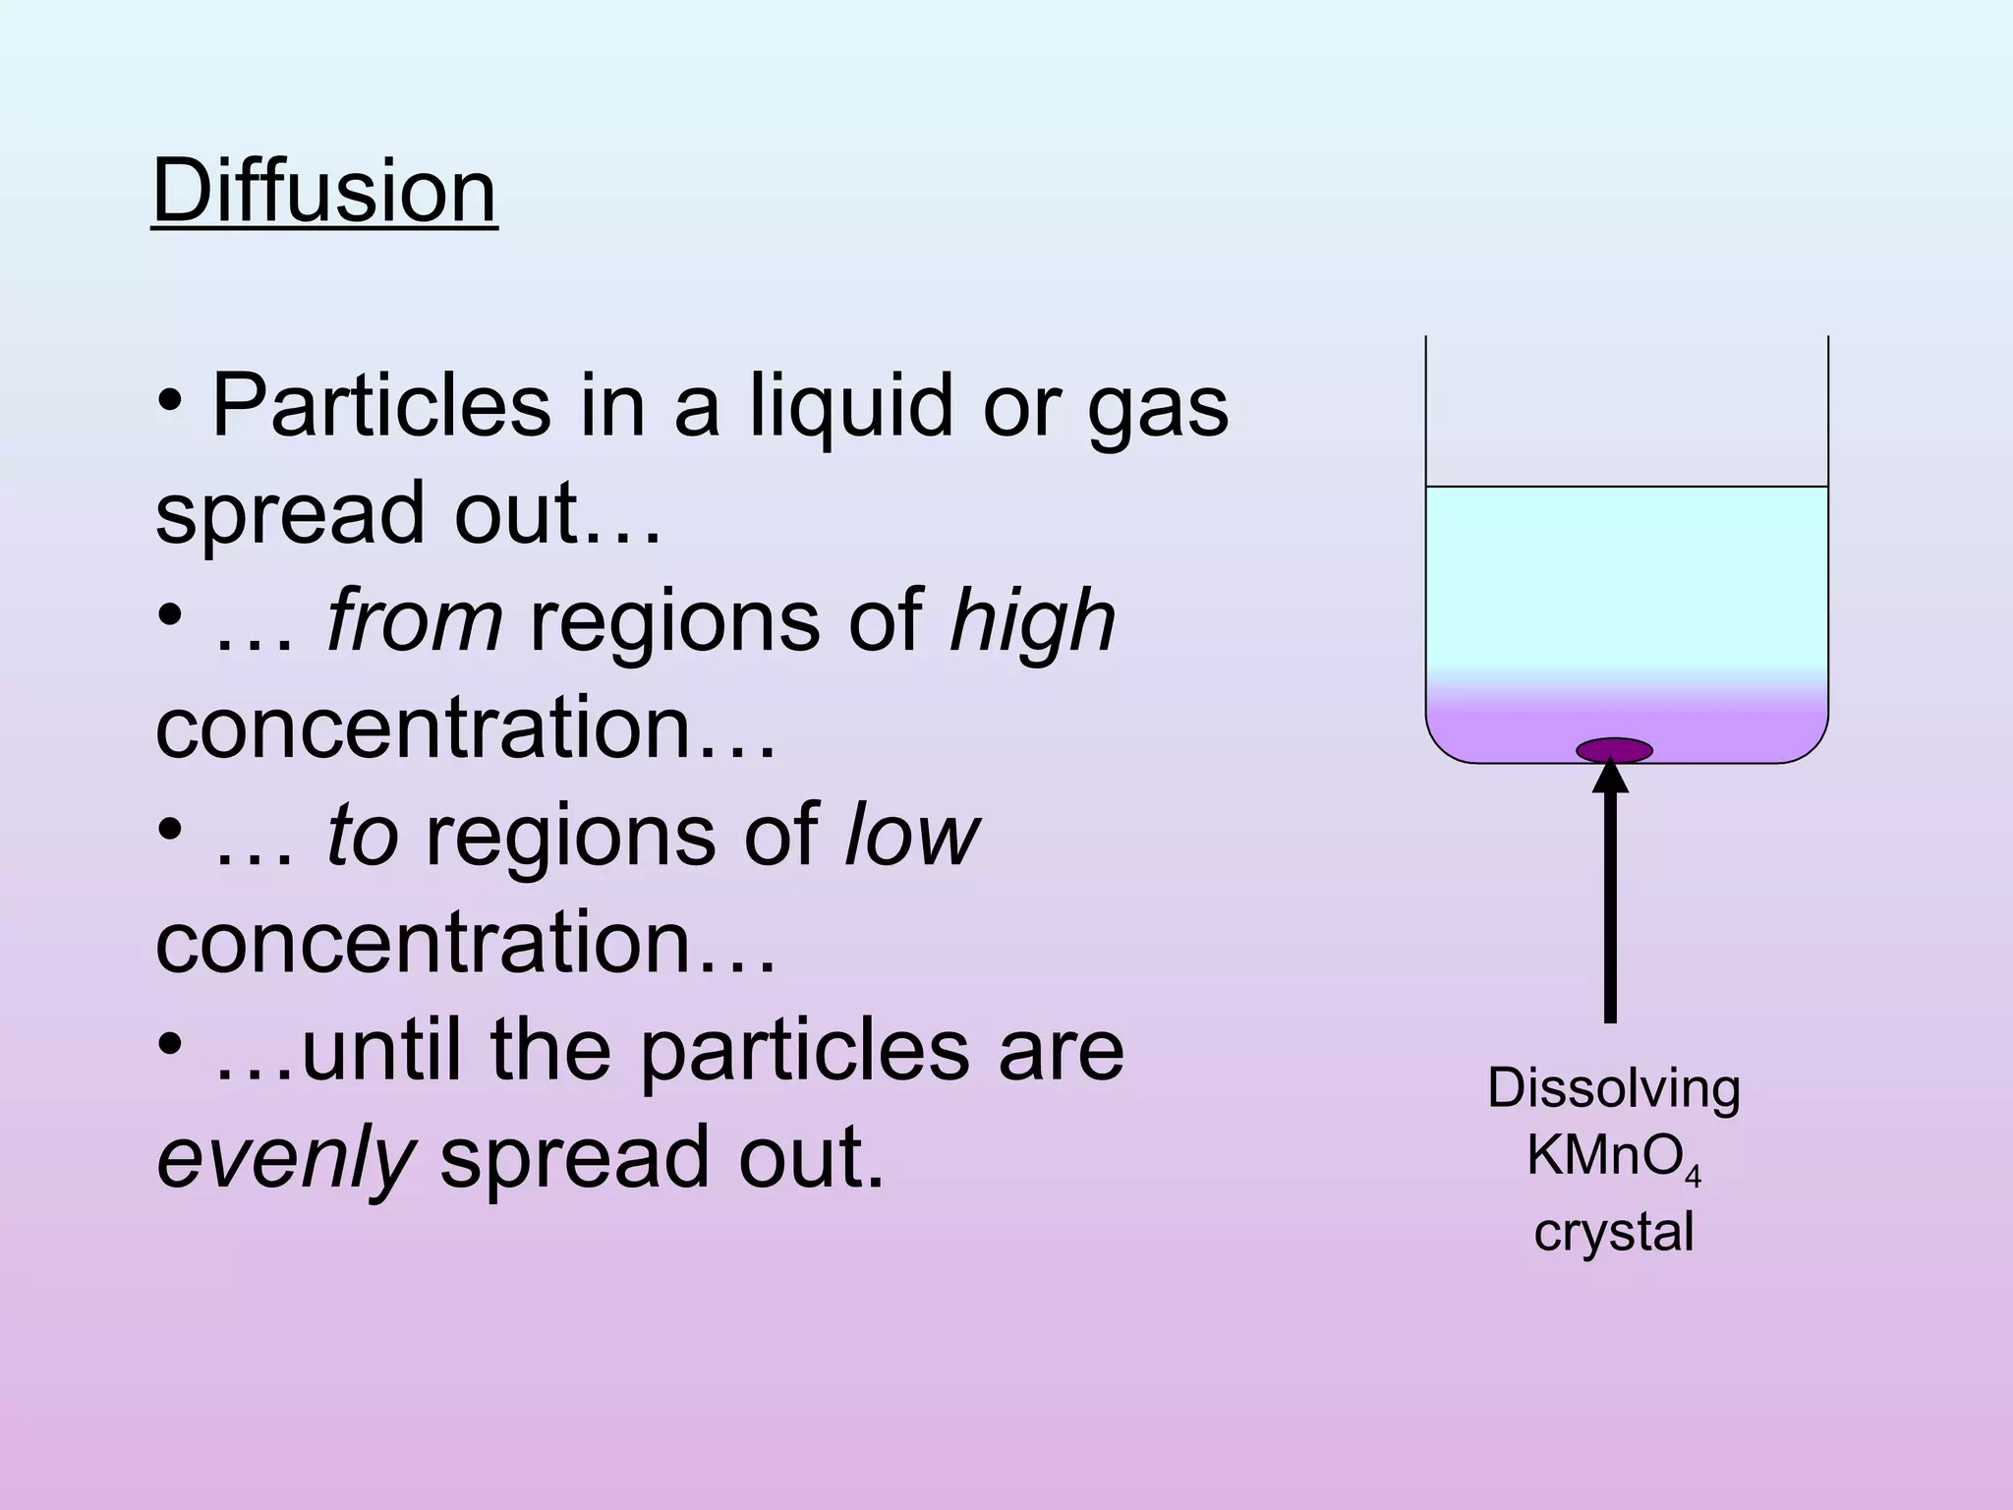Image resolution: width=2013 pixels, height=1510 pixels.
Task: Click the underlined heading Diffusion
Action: click(324, 191)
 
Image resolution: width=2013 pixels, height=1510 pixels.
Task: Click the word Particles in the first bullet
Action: click(381, 405)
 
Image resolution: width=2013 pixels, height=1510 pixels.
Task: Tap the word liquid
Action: click(851, 405)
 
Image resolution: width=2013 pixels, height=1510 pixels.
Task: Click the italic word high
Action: click(1032, 620)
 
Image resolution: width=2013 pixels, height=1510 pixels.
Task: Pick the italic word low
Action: click(912, 835)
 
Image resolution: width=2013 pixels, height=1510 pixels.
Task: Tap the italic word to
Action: click(363, 835)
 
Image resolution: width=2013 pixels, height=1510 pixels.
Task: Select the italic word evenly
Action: click(285, 1158)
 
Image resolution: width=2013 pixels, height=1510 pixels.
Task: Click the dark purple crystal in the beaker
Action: click(1614, 751)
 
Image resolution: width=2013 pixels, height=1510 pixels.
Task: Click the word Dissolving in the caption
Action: click(1614, 1089)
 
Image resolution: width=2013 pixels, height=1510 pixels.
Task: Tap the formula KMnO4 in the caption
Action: click(1612, 1158)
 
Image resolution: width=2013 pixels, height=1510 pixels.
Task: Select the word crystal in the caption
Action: click(1614, 1231)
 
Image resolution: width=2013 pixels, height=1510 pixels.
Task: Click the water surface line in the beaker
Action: click(1627, 487)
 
